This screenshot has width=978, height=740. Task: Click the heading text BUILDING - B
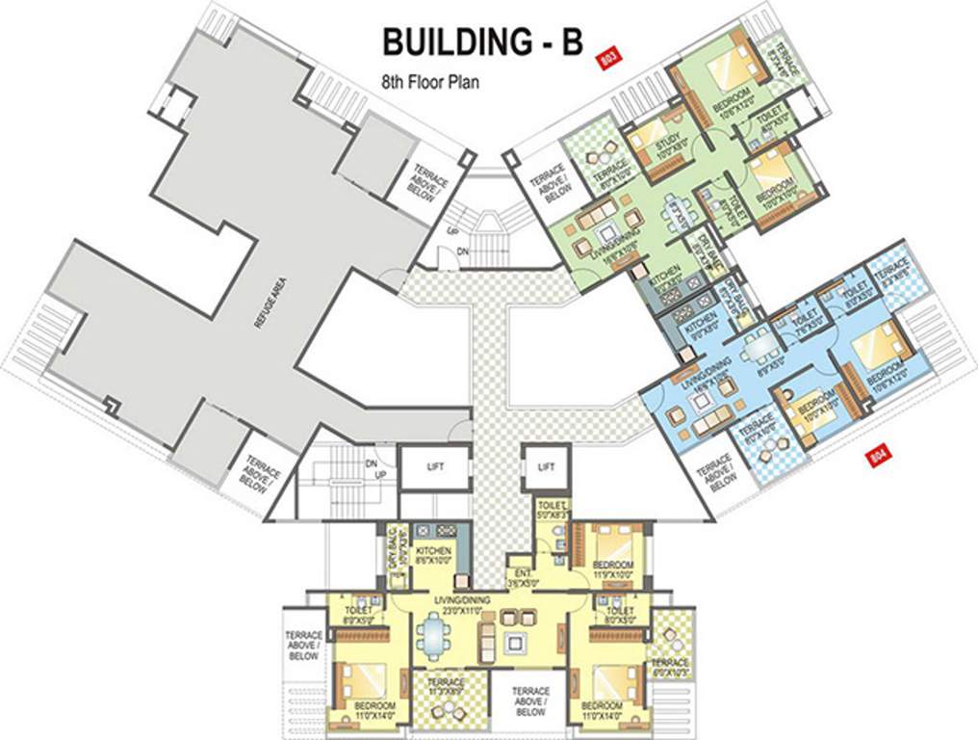pos(482,42)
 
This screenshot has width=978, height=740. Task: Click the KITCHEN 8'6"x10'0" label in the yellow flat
pos(432,556)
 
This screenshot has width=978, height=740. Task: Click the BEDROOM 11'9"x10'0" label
pos(612,568)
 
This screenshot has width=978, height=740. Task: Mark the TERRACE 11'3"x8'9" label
pos(445,683)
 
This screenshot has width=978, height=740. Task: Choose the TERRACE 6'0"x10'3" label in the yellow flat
pos(669,668)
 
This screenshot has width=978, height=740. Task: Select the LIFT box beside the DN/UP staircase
pos(433,466)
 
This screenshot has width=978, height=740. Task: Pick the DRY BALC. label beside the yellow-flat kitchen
pos(393,548)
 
